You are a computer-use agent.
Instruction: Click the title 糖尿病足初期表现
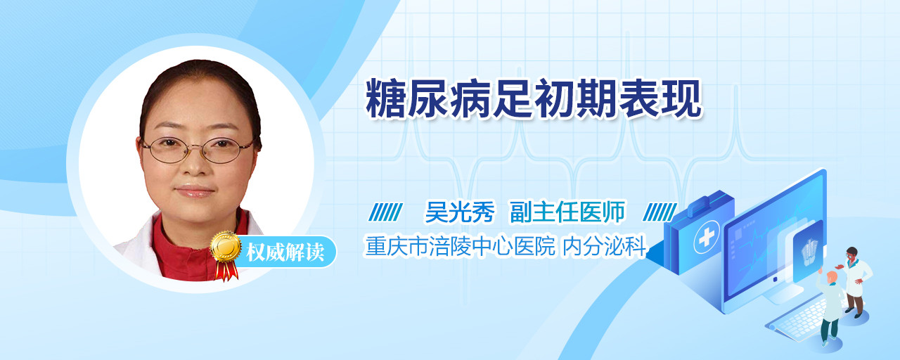534,98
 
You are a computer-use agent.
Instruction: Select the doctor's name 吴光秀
460,212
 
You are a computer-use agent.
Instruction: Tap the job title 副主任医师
567,212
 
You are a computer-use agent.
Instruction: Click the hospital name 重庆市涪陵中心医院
460,246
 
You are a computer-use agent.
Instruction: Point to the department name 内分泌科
605,246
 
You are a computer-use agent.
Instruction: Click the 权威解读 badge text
285,252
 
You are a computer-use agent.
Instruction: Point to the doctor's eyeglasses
198,150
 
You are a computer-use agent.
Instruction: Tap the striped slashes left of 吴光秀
385,212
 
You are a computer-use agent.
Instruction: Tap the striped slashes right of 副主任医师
660,212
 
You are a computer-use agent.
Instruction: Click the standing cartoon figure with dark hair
855,282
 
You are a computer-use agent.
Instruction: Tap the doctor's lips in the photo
195,191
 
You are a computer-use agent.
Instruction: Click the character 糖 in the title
385,98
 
